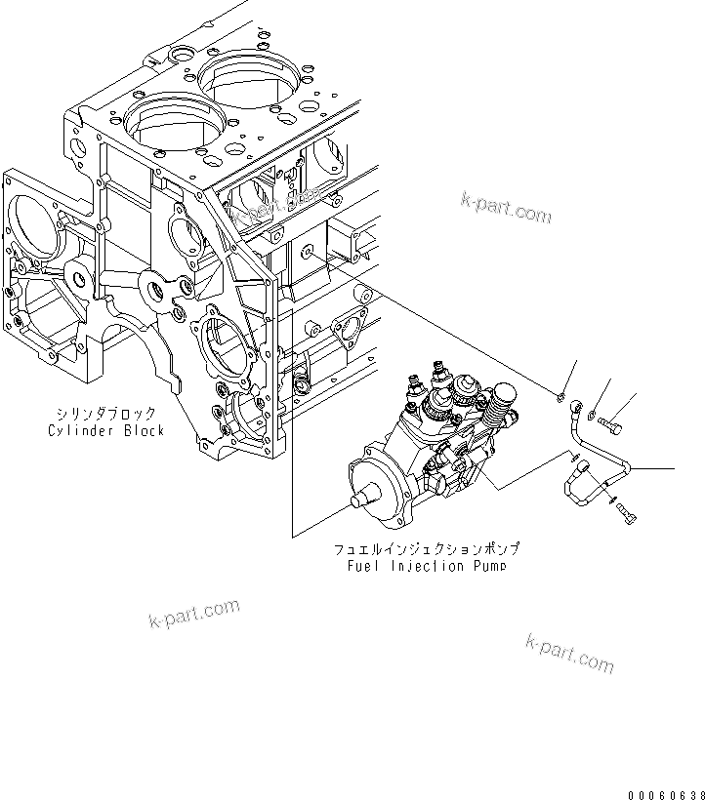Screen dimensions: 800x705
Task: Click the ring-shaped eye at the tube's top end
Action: tap(578, 401)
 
